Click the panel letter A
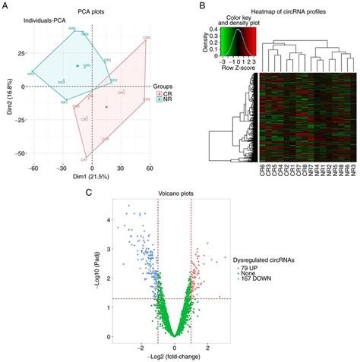pyautogui.click(x=5, y=6)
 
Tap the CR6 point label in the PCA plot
pyautogui.click(x=146, y=36)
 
